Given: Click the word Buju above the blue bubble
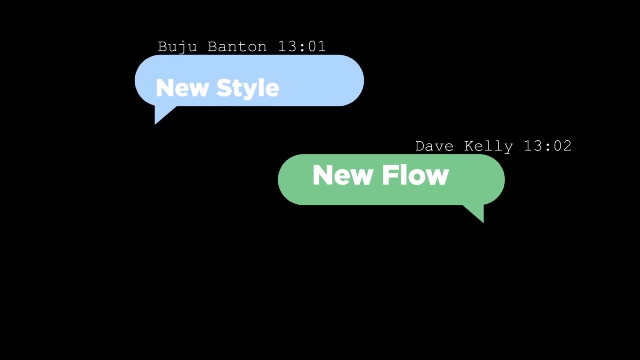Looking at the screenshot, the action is [x=177, y=47].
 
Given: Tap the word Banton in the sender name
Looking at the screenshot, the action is [x=237, y=46].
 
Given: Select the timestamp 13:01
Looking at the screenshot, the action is [x=302, y=46].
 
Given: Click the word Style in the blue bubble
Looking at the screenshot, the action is [x=248, y=89].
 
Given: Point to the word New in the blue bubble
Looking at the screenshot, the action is [x=182, y=88].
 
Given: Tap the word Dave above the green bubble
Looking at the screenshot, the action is [x=434, y=146].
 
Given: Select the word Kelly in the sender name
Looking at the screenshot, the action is [x=489, y=147].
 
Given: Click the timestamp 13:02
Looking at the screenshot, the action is [x=548, y=146].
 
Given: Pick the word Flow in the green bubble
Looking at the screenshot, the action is [x=415, y=175].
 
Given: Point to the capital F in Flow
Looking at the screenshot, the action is [x=390, y=175].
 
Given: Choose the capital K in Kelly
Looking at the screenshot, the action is [x=469, y=146].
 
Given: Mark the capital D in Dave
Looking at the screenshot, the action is [x=420, y=146].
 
